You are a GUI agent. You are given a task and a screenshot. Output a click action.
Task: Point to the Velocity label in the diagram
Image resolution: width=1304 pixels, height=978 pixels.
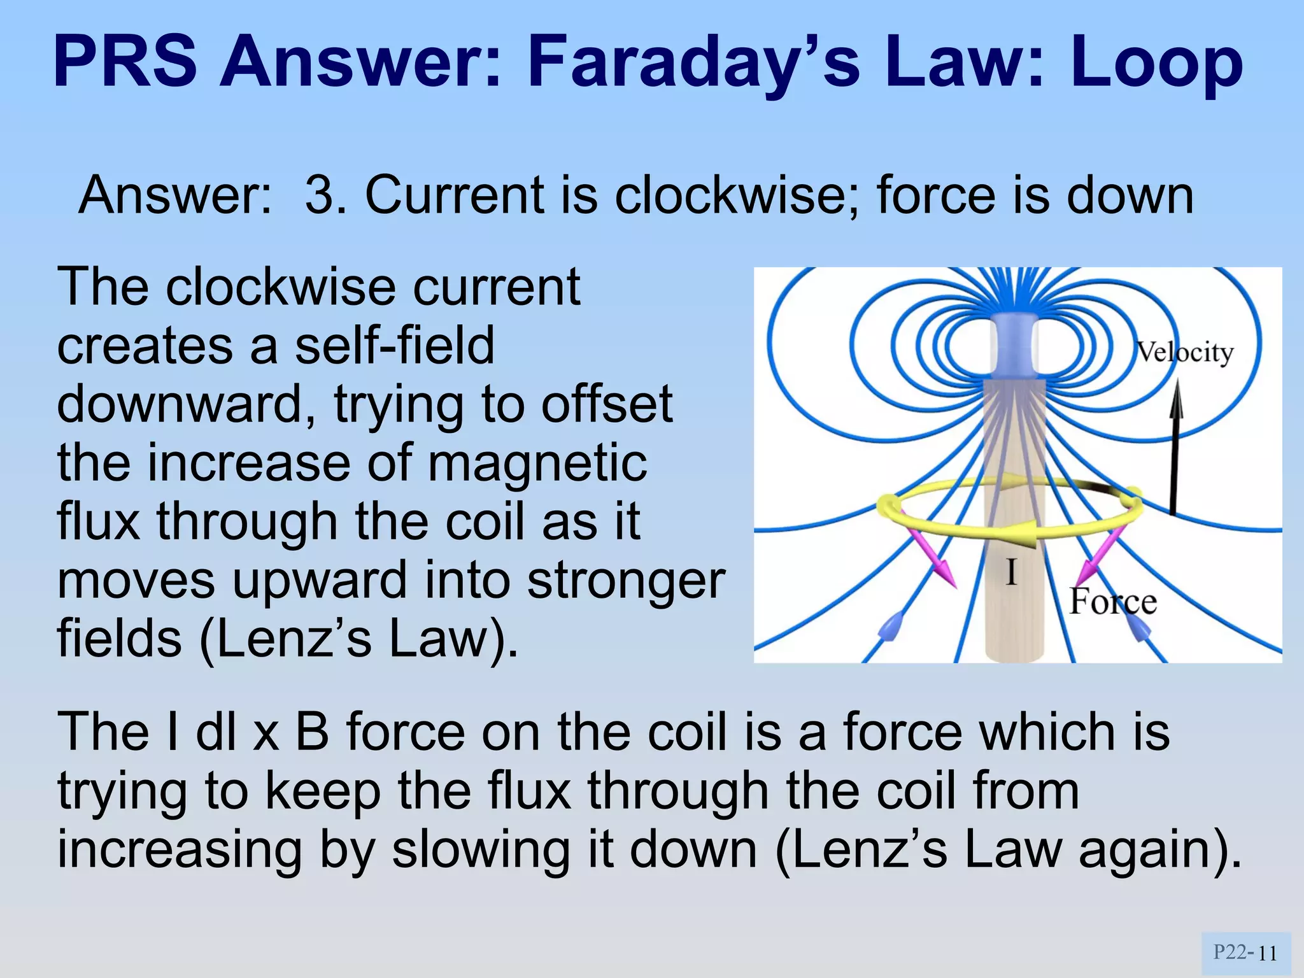click(1185, 352)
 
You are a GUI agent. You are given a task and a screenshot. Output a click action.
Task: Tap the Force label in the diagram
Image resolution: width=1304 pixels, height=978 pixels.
click(1112, 601)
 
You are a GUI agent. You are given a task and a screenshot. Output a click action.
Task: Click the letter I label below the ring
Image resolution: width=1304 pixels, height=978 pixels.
click(1011, 572)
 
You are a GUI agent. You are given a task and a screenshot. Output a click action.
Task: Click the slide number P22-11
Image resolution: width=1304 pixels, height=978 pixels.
click(1245, 953)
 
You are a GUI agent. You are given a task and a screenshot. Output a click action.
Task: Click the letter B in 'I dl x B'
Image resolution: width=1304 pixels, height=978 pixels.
click(312, 732)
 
